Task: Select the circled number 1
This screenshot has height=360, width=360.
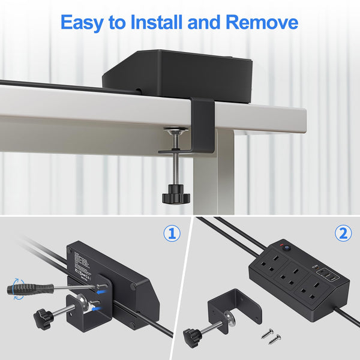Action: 172,233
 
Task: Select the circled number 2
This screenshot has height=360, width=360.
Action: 343,233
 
